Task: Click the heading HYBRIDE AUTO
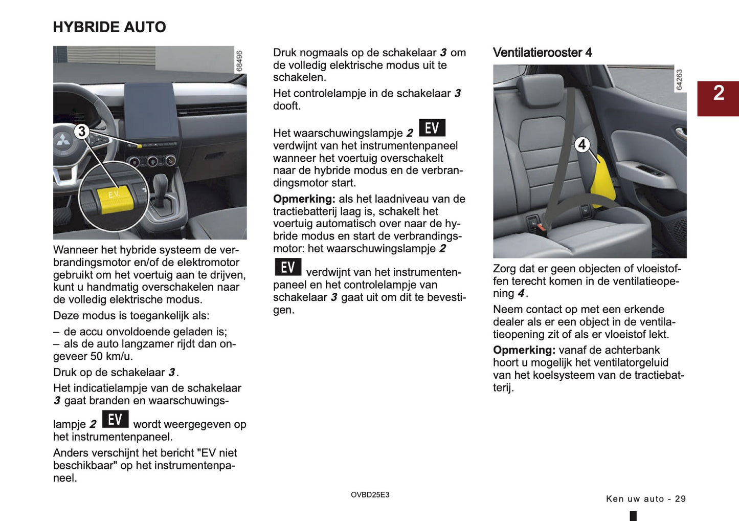tap(109, 27)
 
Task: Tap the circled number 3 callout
tap(81, 132)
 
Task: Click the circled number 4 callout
tap(581, 145)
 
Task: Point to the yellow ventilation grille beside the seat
tap(603, 182)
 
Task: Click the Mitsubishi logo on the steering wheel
tap(63, 140)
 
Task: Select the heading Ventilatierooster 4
tap(542, 53)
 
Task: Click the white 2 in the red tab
tap(719, 93)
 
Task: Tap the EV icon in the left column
tap(115, 419)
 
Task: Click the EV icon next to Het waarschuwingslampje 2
tap(432, 128)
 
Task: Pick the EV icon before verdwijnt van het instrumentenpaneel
tap(288, 267)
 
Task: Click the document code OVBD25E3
tap(370, 495)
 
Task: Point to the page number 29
tap(680, 499)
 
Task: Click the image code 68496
tap(239, 61)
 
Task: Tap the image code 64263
tap(679, 80)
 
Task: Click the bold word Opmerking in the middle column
tap(304, 199)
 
